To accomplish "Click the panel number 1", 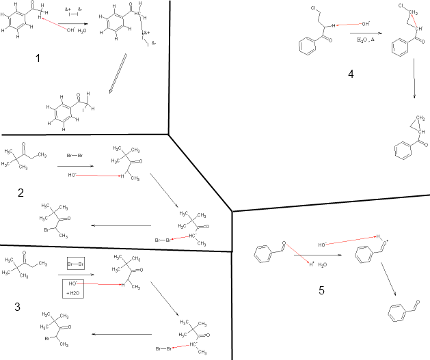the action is [38, 59].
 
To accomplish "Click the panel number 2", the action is [21, 193].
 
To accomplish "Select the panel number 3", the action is [18, 307].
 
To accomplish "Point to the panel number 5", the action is [321, 290].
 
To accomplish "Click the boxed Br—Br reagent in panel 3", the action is [75, 264].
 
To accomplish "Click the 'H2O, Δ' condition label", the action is [366, 40].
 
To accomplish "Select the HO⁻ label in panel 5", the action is [323, 244].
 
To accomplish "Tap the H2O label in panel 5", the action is [322, 264].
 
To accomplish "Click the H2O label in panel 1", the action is [81, 31].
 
